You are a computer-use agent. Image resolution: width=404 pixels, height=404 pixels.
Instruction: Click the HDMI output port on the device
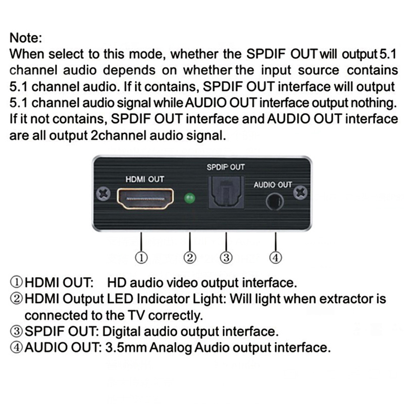pyautogui.click(x=145, y=199)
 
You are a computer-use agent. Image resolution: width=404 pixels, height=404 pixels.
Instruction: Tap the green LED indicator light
pyautogui.click(x=190, y=198)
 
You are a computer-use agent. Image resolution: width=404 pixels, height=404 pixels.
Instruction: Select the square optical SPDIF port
pyautogui.click(x=226, y=192)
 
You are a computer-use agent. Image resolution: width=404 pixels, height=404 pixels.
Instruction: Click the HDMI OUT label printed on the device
pyautogui.click(x=145, y=179)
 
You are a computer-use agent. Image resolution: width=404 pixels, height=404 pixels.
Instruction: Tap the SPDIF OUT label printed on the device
pyautogui.click(x=225, y=167)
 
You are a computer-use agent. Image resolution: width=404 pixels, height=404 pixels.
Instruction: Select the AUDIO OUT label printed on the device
pyautogui.click(x=273, y=185)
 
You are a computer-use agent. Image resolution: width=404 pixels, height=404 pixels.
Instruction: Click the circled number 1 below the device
pyautogui.click(x=141, y=258)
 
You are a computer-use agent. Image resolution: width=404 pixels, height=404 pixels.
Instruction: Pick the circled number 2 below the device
pyautogui.click(x=190, y=258)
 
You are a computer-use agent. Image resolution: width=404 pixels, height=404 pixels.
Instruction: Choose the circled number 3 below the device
pyautogui.click(x=226, y=258)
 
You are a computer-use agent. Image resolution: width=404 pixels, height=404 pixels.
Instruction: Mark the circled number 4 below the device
pyautogui.click(x=275, y=258)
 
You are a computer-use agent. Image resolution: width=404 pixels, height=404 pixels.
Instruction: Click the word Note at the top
pyautogui.click(x=26, y=38)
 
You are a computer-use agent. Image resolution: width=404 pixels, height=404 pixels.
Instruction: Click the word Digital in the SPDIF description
pyautogui.click(x=121, y=332)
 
